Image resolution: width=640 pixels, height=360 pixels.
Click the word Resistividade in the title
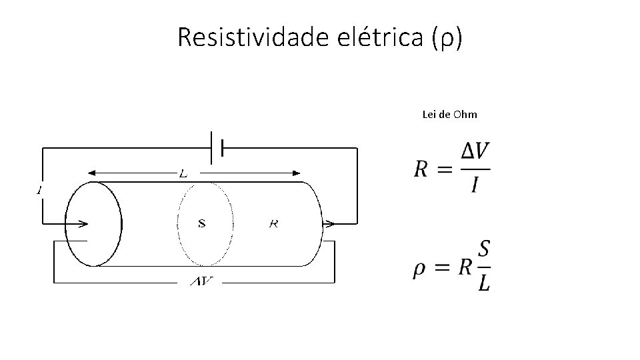point(253,39)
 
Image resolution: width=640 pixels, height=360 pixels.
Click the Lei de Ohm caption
point(450,115)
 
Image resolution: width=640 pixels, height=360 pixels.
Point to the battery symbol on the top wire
point(217,147)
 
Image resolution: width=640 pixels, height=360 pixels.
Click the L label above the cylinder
point(183,173)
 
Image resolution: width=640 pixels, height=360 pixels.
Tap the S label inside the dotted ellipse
point(201,223)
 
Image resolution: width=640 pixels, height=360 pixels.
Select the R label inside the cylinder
point(273,223)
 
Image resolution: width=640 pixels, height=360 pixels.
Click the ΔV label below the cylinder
point(202,282)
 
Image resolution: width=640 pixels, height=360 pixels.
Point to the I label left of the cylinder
point(39,191)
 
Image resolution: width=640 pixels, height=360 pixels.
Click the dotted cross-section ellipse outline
point(179,223)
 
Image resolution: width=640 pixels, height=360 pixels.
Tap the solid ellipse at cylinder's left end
point(121,223)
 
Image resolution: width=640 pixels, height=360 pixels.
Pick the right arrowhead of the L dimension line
point(297,173)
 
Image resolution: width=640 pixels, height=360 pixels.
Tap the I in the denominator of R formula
point(475,183)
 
